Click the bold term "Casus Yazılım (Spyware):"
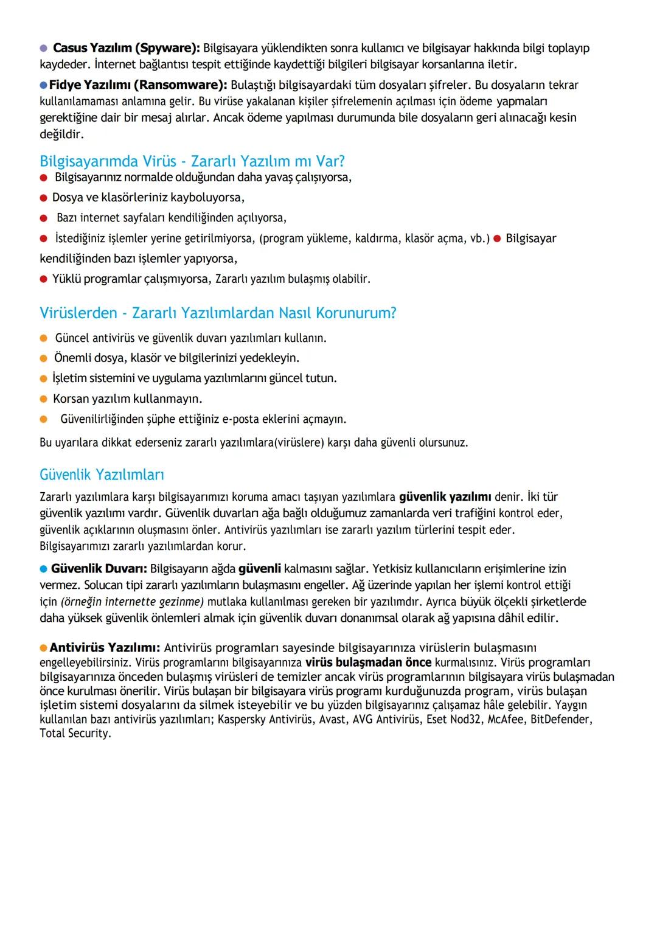click(x=126, y=48)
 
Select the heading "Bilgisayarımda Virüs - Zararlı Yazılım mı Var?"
click(x=192, y=161)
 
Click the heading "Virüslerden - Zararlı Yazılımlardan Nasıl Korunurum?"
click(x=218, y=313)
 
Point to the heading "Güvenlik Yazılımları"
click(x=102, y=475)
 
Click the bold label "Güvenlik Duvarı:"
click(x=99, y=569)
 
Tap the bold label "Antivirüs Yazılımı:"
click(x=105, y=648)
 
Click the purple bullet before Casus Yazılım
click(x=44, y=48)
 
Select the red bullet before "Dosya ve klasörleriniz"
click(x=44, y=198)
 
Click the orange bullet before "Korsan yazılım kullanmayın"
click(x=44, y=399)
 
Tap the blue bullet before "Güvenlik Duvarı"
click(x=44, y=569)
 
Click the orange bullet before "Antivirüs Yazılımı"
click(x=44, y=648)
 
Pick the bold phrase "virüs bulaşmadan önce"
click(x=368, y=663)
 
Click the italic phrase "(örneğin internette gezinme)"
click(x=132, y=602)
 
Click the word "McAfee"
click(x=506, y=720)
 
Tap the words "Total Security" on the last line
click(x=74, y=734)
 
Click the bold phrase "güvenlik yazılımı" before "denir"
click(x=445, y=497)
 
